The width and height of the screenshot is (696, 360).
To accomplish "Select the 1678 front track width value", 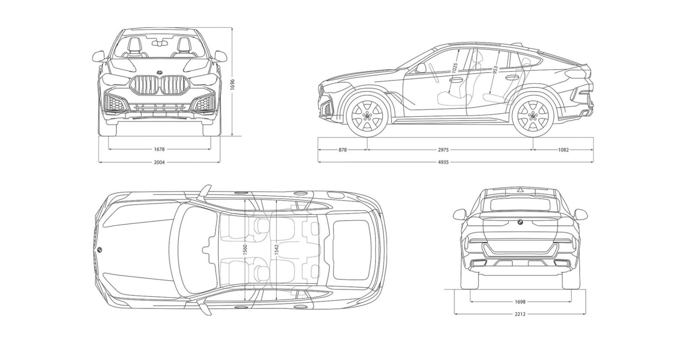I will (x=159, y=149).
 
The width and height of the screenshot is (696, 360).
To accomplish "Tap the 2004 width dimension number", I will (x=159, y=162).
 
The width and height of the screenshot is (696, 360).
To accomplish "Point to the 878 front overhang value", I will (x=343, y=150).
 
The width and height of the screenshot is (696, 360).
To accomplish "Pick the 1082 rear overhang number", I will (x=563, y=150).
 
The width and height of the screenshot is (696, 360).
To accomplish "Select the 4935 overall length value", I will (x=443, y=162).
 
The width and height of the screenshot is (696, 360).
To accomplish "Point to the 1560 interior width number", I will (x=245, y=250).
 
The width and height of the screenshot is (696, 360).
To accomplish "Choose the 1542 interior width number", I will (x=276, y=250).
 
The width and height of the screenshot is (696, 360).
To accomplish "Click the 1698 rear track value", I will (x=520, y=302).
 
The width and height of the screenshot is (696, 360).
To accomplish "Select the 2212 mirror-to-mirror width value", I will (x=520, y=314).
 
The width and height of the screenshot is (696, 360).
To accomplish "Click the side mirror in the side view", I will (x=420, y=68).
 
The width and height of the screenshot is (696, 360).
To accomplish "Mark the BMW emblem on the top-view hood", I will (x=99, y=250).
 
